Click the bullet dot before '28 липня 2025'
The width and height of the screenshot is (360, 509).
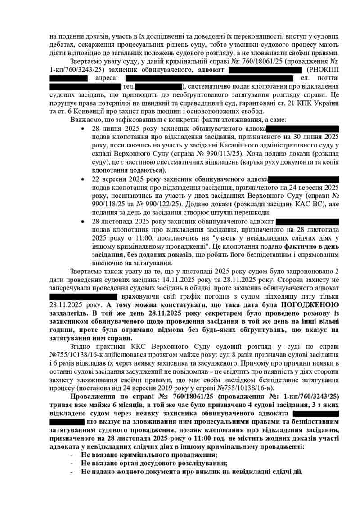coord(82,128)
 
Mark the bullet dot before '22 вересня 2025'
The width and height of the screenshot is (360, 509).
coord(82,179)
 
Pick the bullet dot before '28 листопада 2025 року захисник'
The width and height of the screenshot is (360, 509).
coord(82,221)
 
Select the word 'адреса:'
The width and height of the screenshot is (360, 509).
coord(106,78)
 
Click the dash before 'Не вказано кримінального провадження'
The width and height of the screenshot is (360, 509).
coord(72,455)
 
